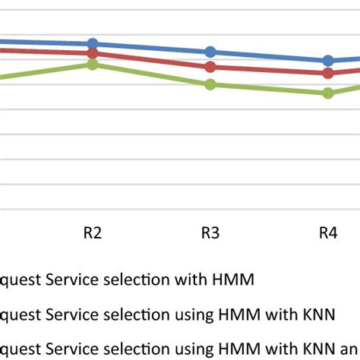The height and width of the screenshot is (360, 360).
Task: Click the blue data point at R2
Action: pos(93,44)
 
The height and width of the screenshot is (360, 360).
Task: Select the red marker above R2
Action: pos(93,53)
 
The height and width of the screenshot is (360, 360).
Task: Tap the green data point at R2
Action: pos(93,65)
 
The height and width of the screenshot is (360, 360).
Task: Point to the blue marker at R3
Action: pos(210,52)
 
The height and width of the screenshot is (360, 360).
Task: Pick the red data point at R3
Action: pos(210,67)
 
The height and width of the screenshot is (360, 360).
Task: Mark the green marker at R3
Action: pos(210,84)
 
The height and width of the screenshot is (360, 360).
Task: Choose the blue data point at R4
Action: pos(328,61)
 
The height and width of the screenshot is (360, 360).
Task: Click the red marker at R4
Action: pos(328,73)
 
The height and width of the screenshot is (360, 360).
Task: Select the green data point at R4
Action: pos(328,93)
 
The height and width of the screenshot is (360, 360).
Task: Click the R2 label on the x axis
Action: pos(93,233)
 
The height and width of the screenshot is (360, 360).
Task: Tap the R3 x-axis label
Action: pos(210,233)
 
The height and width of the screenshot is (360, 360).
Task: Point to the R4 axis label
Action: pos(328,233)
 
